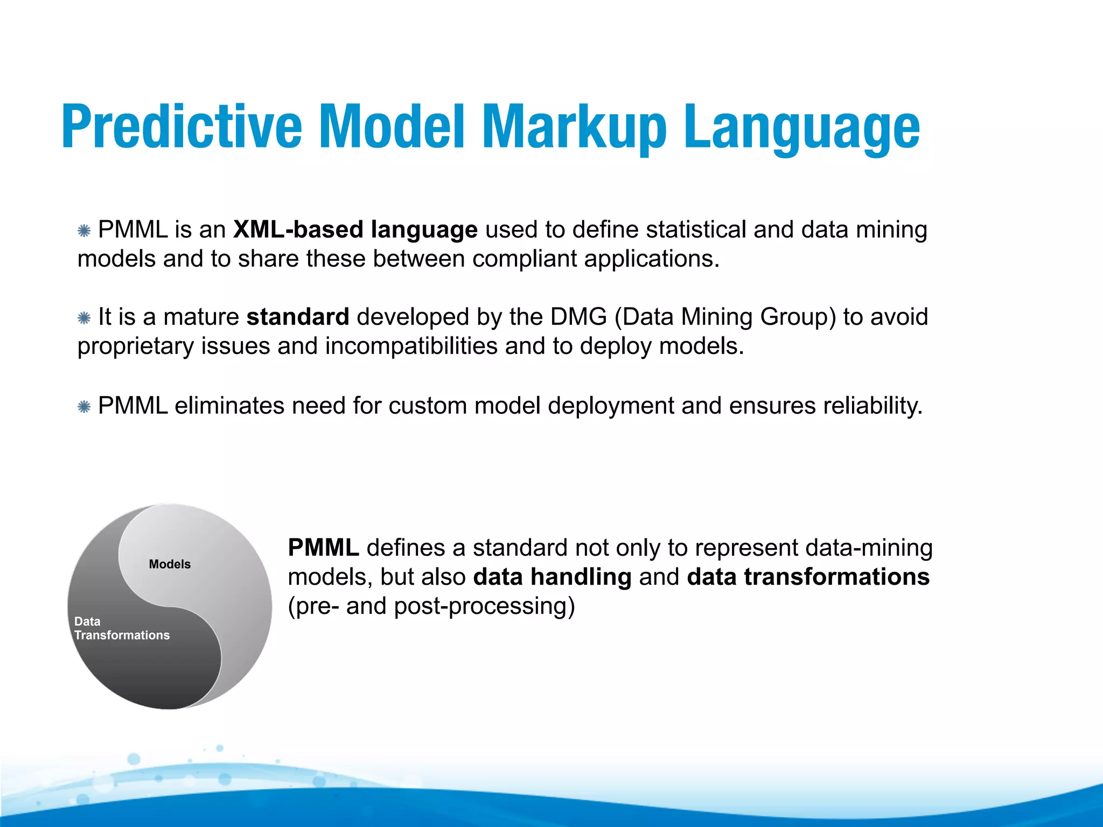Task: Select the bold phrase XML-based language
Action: click(355, 230)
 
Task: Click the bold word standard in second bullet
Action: click(298, 317)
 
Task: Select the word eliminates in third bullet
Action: click(229, 406)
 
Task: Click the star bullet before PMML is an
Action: click(84, 231)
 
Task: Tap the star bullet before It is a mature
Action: click(84, 318)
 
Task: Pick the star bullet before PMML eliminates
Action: click(84, 407)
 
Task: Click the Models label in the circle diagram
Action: click(170, 564)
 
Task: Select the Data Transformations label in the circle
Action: click(122, 628)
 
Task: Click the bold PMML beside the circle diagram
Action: click(323, 548)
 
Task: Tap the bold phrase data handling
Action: click(552, 577)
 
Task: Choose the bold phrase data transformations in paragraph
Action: click(808, 577)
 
